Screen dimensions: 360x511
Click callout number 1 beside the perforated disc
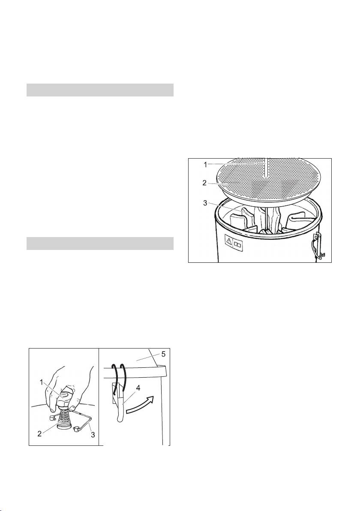point(205,165)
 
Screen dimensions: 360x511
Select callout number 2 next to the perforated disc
point(204,183)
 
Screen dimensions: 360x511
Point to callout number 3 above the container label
point(205,203)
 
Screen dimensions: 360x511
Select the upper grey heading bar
point(100,90)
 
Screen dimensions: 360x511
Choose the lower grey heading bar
point(100,243)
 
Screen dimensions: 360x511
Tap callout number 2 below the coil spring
point(39,434)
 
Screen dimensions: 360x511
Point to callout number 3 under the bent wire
point(93,435)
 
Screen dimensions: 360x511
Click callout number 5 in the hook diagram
point(164,355)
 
